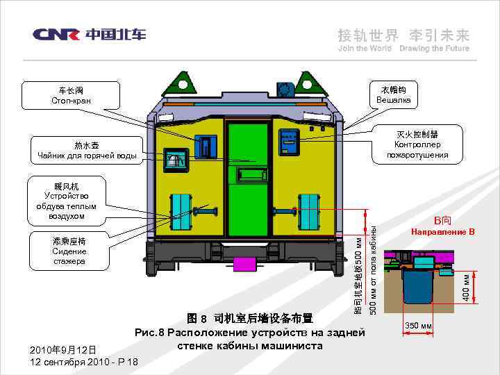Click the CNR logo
click(89, 34)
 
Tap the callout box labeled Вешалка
click(394, 96)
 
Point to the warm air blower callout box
click(67, 201)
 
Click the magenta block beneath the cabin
click(244, 264)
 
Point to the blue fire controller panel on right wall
click(288, 142)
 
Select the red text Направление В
click(442, 231)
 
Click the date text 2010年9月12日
click(64, 349)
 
